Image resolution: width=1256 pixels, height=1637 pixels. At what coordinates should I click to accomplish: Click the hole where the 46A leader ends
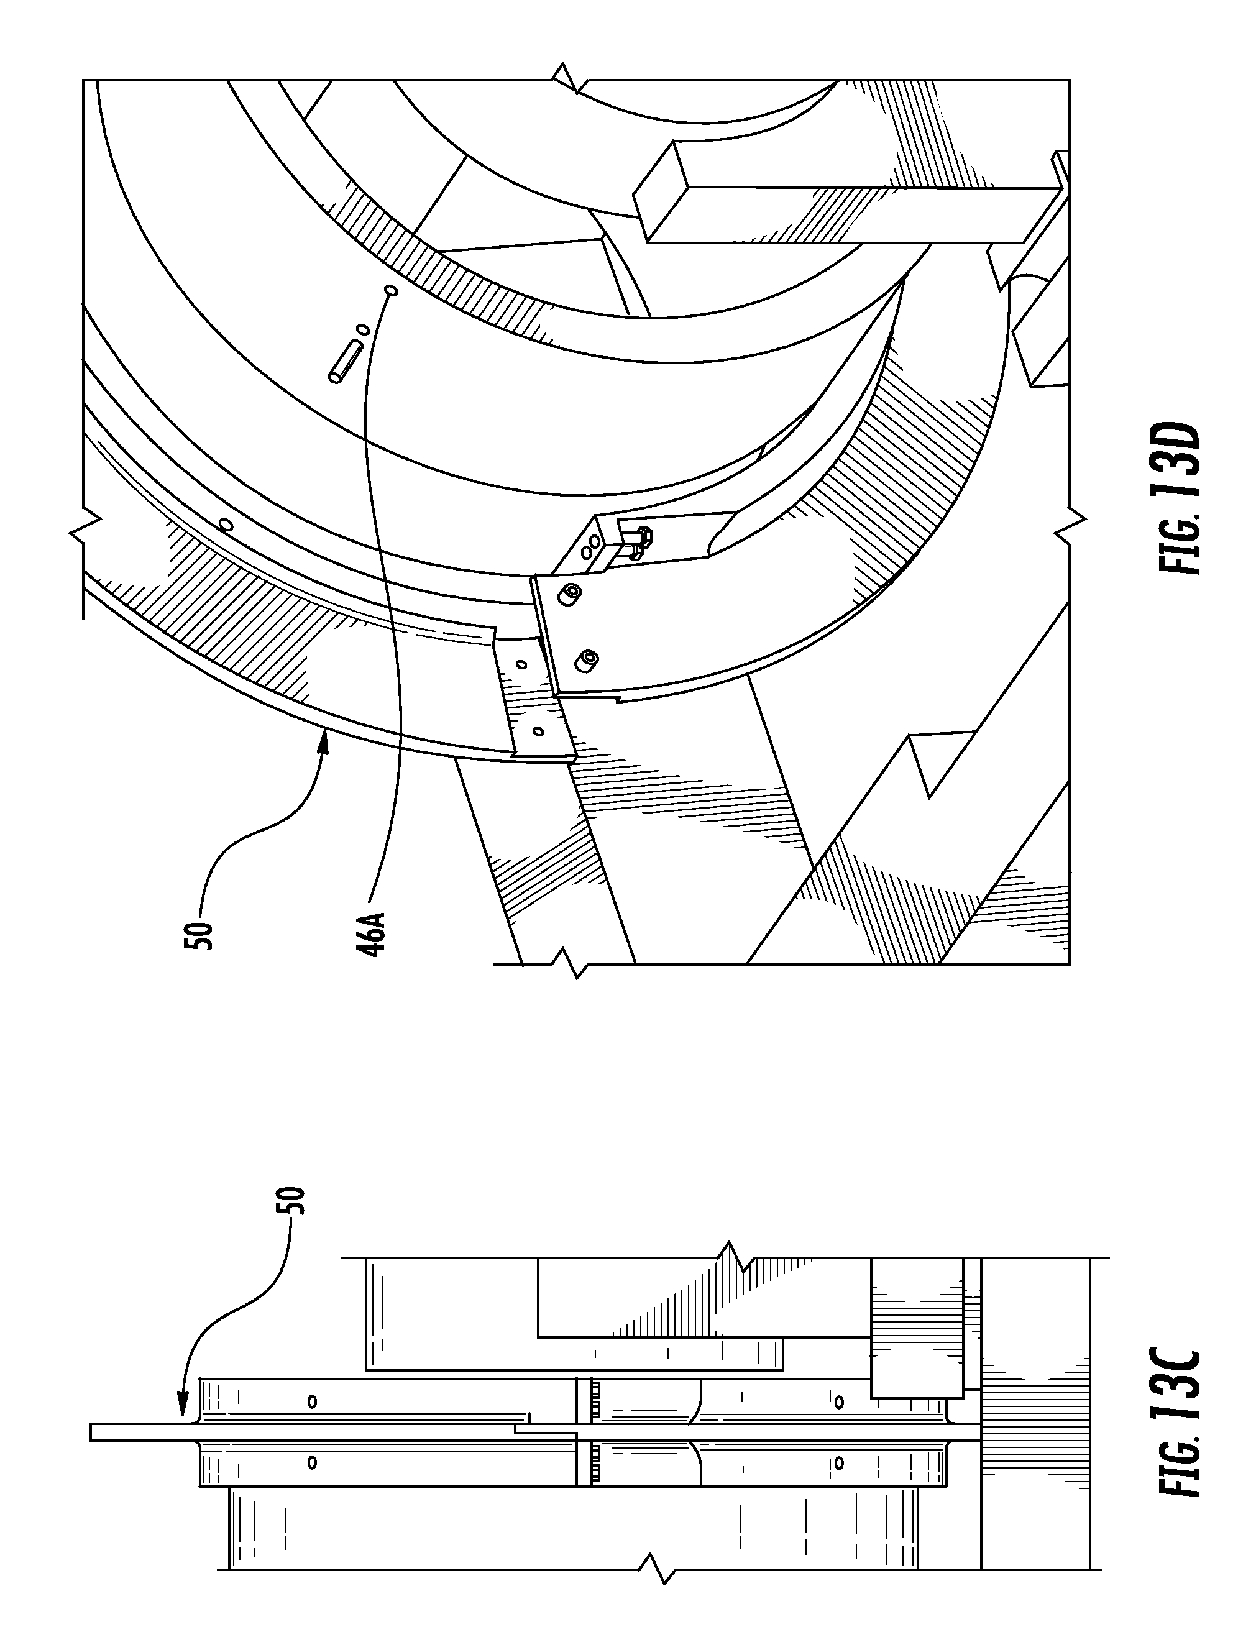tap(390, 290)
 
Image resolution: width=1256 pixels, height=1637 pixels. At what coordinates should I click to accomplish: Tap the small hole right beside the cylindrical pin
tap(362, 329)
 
